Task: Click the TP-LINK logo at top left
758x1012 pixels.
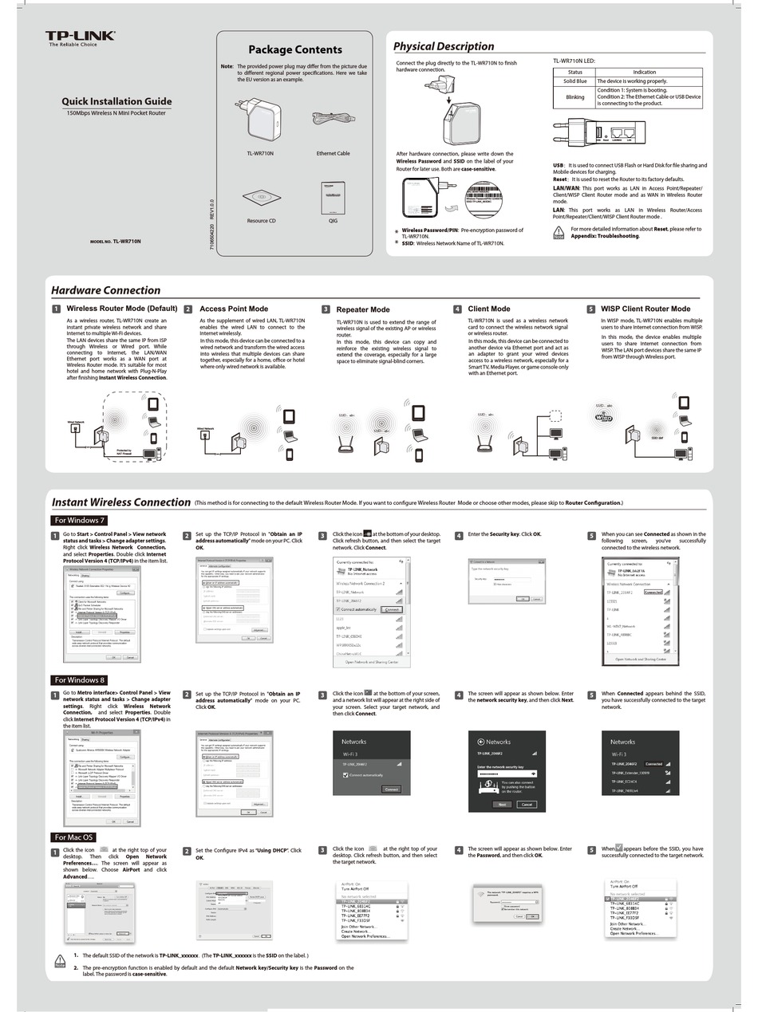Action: click(x=80, y=37)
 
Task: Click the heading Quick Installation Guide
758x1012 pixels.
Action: click(x=116, y=101)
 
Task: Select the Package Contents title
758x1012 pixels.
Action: click(x=294, y=49)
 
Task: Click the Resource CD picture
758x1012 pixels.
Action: click(x=261, y=196)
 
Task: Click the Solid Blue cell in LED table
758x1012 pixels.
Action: click(x=574, y=81)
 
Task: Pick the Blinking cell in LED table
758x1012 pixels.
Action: click(x=574, y=97)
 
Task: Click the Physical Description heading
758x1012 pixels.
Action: click(x=444, y=46)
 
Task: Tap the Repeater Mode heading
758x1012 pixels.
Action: click(x=363, y=309)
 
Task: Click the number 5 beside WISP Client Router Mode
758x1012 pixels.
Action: click(x=590, y=309)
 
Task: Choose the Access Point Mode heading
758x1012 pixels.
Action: click(x=234, y=309)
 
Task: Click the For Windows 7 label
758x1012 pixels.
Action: click(x=79, y=520)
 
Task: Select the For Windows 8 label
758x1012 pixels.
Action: click(x=79, y=679)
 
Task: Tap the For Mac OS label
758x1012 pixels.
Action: click(x=73, y=837)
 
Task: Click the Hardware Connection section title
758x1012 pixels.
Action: click(x=105, y=290)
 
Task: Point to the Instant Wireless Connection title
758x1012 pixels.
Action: click(x=120, y=502)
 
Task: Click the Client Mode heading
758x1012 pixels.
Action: click(x=489, y=309)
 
